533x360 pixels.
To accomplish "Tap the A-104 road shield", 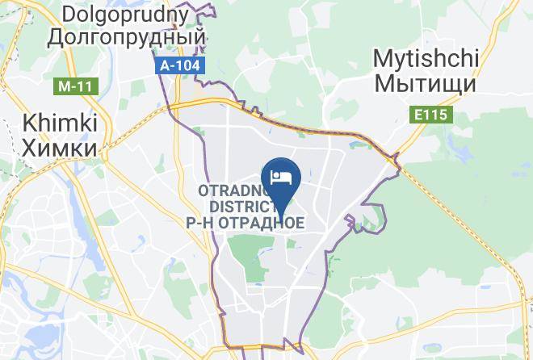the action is click(x=182, y=65).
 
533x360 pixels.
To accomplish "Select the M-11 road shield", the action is click(x=75, y=85).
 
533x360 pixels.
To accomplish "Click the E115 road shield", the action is click(x=431, y=115).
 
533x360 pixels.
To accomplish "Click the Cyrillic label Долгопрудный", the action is click(x=127, y=36).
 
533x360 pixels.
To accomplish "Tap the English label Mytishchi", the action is click(x=426, y=59).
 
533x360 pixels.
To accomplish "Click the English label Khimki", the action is click(x=60, y=123).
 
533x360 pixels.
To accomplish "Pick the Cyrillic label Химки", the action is click(x=60, y=147).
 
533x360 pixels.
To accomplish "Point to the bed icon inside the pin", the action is click(x=280, y=176).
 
